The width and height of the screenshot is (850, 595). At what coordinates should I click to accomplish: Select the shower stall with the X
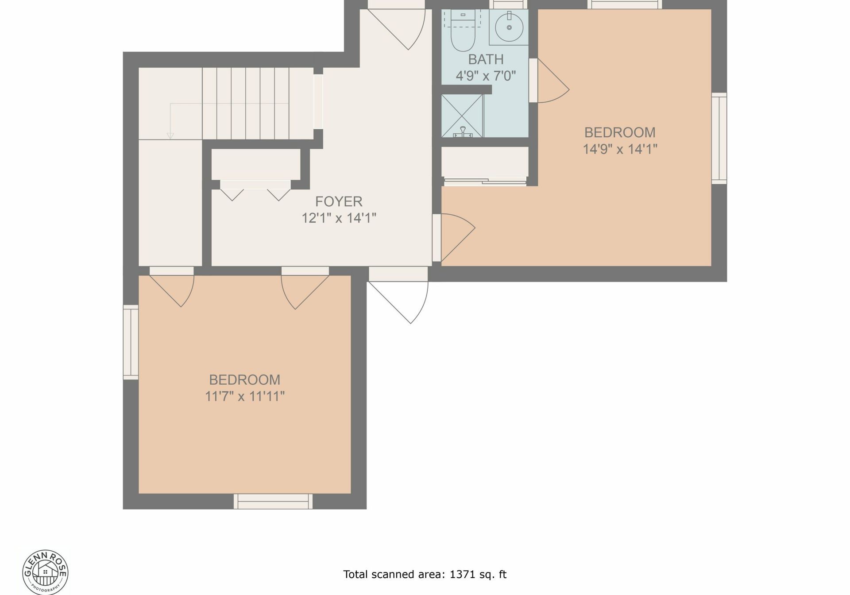coord(462,116)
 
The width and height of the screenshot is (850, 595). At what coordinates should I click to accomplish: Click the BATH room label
coord(486,59)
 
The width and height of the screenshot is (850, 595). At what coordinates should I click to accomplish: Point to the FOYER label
coord(339,202)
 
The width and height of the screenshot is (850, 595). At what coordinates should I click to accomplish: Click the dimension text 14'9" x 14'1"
coord(620,149)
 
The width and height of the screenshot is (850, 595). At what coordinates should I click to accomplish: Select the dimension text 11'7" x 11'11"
coord(244,396)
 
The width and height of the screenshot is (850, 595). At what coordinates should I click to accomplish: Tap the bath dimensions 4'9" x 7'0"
coord(486,76)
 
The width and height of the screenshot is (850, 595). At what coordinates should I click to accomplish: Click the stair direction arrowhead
coord(170,136)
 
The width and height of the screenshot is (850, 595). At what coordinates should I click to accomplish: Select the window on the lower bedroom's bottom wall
coord(273,502)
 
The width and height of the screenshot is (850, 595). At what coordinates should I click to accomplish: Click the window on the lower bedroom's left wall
coord(131,342)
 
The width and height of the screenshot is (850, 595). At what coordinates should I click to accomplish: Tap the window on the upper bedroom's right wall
coord(719,139)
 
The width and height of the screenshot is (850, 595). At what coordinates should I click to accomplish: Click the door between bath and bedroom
coord(549,81)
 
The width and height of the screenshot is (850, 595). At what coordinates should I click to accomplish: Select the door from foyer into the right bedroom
coord(454,238)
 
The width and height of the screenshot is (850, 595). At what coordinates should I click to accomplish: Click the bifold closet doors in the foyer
coord(255,190)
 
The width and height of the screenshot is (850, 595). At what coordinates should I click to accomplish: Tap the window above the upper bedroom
coord(625,4)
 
